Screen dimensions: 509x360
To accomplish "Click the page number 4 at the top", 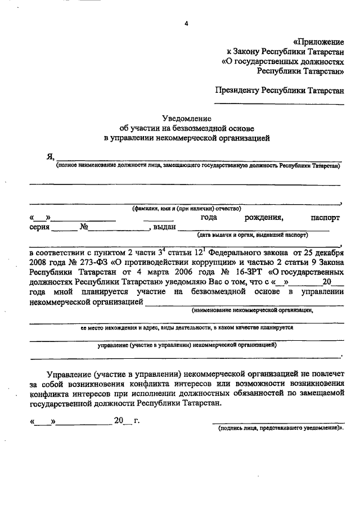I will [186, 23].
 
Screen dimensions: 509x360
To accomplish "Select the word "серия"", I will [40, 228].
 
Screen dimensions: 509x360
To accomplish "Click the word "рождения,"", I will [264, 218].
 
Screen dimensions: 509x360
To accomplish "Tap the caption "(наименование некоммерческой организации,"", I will [251, 309].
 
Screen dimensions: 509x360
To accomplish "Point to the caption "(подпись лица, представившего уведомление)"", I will [280, 428].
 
